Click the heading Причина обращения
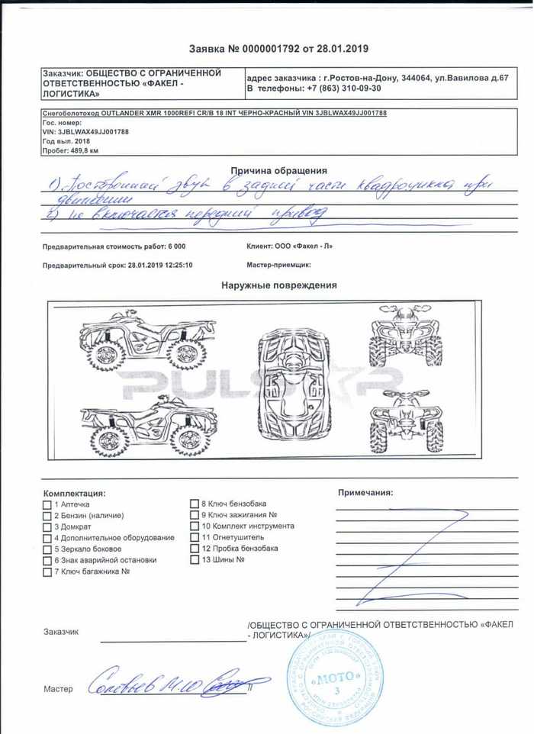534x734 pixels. [278, 171]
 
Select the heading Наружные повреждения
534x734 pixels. [278, 285]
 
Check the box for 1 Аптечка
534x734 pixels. [47, 505]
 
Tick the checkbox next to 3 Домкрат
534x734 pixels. [47, 527]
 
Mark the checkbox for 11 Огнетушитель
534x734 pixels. [195, 538]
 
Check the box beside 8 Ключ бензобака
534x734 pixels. [195, 504]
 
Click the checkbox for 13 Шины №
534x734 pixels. [195, 560]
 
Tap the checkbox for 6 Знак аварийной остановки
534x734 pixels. [47, 560]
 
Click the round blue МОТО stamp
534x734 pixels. [335, 678]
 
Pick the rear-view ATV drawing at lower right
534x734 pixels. [406, 422]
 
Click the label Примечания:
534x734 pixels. [365, 493]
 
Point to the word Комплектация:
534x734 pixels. [74, 494]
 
